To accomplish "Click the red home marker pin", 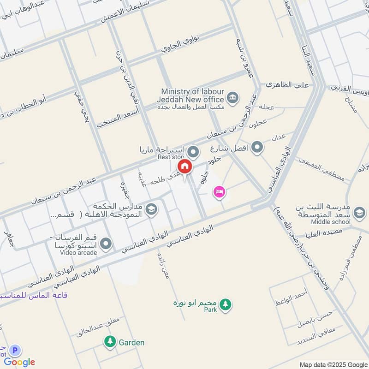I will pos(184,167).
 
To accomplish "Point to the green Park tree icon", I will pos(225,304).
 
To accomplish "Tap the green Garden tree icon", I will pos(110,342).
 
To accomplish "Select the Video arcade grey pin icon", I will pos(107,244).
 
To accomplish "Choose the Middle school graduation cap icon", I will pos(358,213).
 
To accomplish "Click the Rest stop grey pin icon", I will pos(194,151).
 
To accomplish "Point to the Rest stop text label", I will pos(171,157).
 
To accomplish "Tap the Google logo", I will pos(20,362).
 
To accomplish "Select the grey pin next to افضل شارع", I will pos(257,148).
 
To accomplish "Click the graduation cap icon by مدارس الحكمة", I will pos(150,210).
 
